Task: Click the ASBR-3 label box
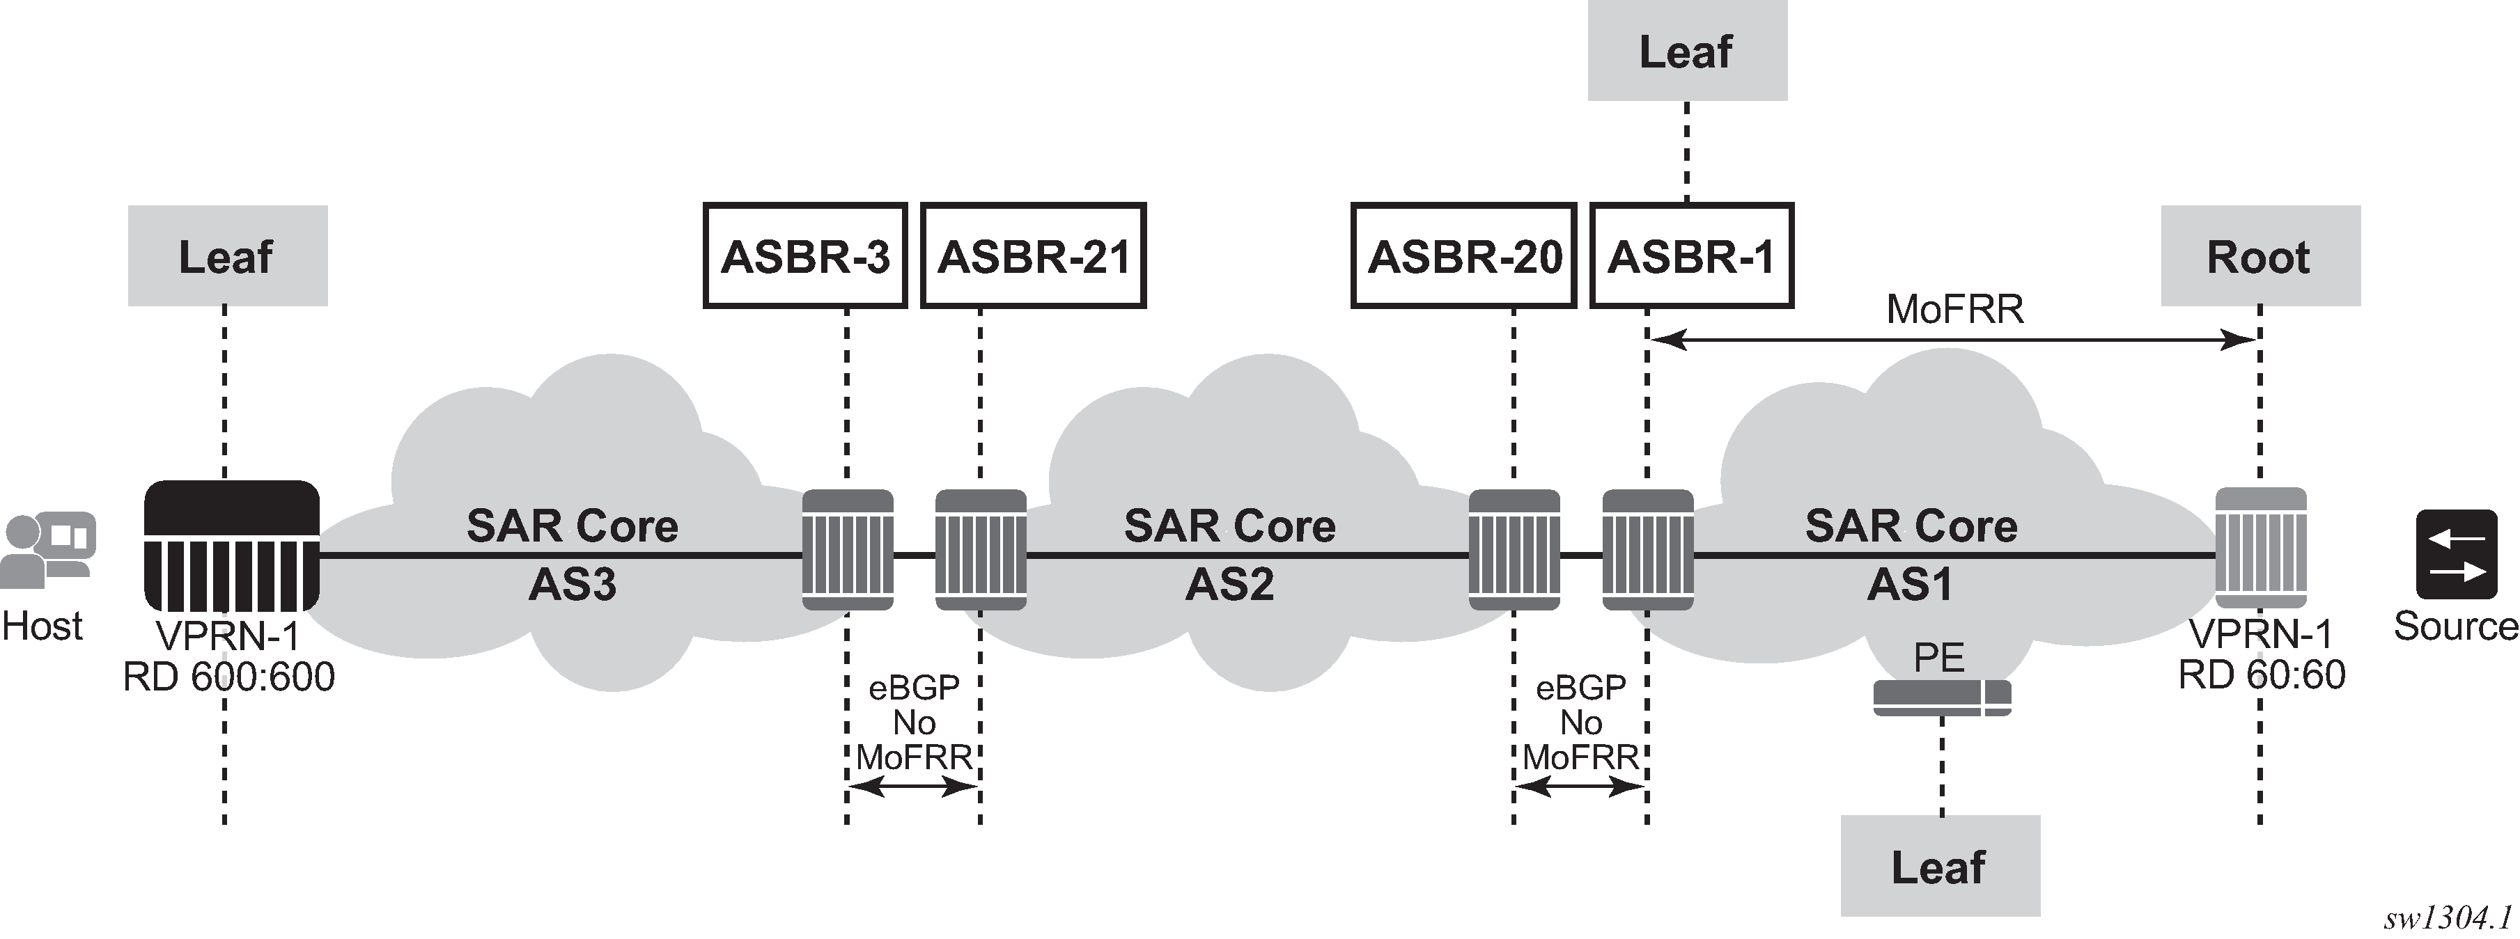805,256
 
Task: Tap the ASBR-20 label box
1463,256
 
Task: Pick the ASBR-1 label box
1691,256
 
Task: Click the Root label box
2260,256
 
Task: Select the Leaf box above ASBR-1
1686,51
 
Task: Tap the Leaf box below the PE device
1940,867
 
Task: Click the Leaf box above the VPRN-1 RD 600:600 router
227,256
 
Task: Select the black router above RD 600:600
232,546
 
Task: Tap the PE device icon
1942,697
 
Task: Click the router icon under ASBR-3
847,550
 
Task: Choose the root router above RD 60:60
2260,548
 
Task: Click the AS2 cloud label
1229,585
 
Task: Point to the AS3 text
573,585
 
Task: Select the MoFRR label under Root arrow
1954,309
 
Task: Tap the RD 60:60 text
2261,675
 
